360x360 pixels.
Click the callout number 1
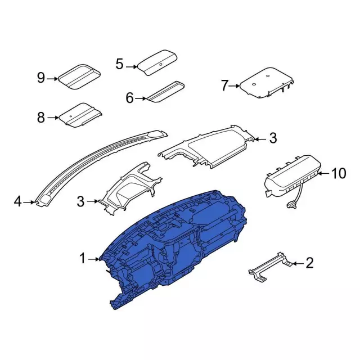[82, 259]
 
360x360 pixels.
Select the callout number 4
[17, 202]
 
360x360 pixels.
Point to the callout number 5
[119, 64]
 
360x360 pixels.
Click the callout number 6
[130, 98]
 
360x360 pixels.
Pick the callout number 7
[224, 85]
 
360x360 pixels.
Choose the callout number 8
[41, 118]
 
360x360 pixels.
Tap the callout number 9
[41, 78]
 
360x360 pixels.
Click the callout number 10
[339, 174]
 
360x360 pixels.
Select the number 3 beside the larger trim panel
[273, 139]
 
